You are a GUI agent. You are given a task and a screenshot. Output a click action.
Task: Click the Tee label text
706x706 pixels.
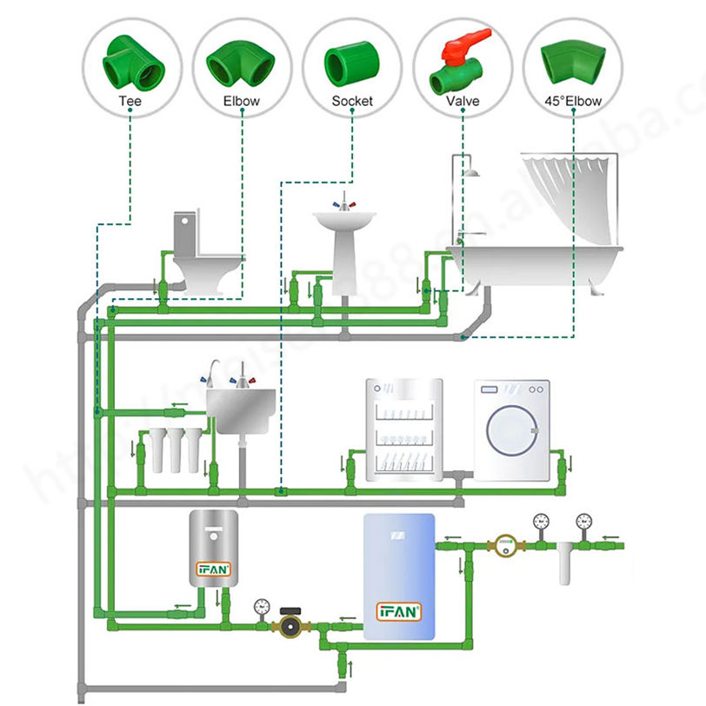[130, 101]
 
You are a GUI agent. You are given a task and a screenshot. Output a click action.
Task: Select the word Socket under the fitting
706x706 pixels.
[352, 101]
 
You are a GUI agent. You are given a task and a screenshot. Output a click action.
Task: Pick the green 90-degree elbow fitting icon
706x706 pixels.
[241, 62]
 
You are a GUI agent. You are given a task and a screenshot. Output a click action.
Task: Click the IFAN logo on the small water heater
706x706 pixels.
[212, 569]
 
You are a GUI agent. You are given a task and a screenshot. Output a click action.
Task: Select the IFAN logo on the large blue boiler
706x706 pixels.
[398, 610]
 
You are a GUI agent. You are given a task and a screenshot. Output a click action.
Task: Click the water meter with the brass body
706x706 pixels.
[503, 546]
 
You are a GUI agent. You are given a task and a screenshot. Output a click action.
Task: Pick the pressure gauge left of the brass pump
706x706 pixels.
[260, 606]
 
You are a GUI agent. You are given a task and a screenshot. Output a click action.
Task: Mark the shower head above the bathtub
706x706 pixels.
[471, 172]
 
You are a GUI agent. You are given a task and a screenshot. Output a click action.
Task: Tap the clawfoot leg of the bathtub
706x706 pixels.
[596, 285]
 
